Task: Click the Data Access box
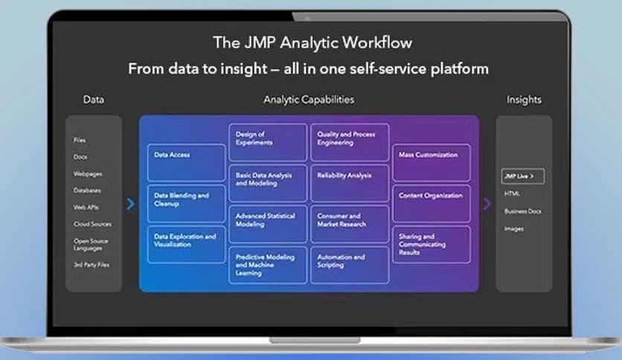point(186,162)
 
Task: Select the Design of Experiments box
point(267,142)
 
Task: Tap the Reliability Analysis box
point(349,183)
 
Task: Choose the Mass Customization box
point(432,162)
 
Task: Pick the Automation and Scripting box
point(349,265)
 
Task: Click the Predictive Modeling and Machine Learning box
point(267,265)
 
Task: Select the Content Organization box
point(432,203)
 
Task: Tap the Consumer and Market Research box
point(349,224)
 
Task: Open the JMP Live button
point(523,176)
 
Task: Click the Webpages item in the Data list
point(88,174)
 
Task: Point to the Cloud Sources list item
point(92,224)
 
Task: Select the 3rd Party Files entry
point(92,265)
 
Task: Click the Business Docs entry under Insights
point(523,211)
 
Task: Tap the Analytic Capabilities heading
point(309,99)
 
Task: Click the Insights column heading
point(524,99)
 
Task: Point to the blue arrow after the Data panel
point(131,203)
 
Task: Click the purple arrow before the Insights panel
point(487,203)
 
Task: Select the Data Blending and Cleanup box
point(186,203)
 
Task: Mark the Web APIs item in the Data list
point(86,208)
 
